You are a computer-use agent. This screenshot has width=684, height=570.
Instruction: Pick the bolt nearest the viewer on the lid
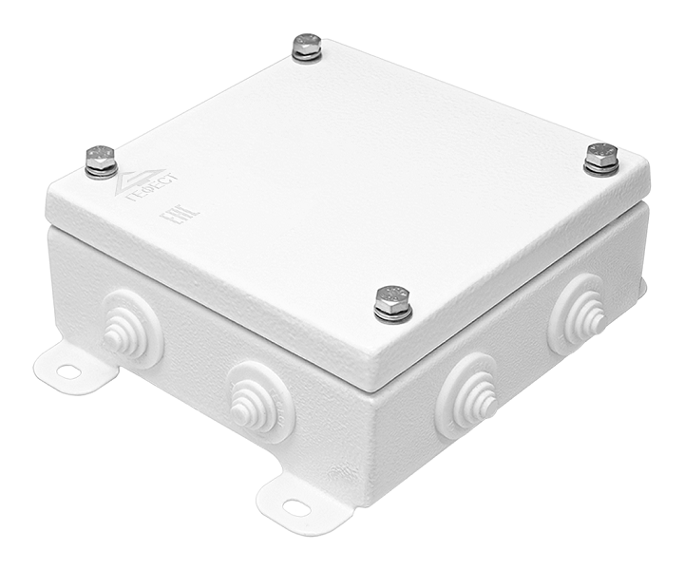pyautogui.click(x=392, y=302)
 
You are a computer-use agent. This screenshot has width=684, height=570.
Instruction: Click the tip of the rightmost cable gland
pyautogui.click(x=597, y=319)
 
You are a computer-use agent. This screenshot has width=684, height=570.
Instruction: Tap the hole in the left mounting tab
pyautogui.click(x=67, y=371)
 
